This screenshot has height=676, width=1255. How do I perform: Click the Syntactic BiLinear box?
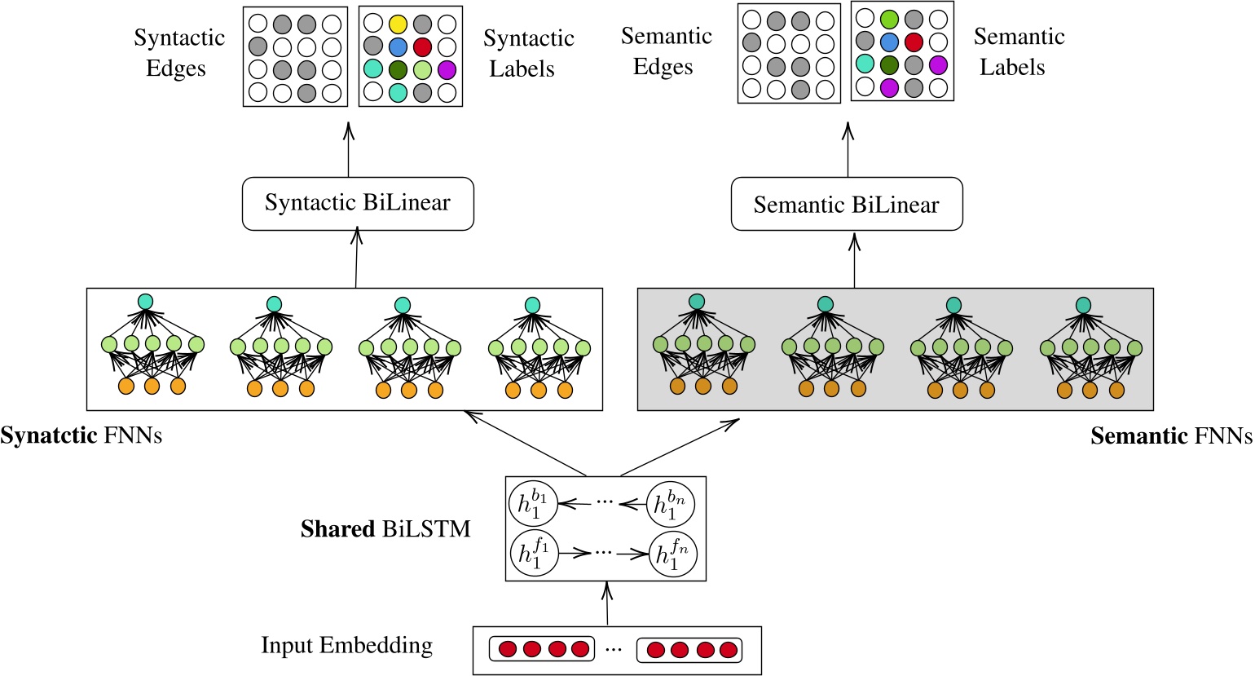[358, 204]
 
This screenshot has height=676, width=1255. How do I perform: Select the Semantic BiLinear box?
[847, 205]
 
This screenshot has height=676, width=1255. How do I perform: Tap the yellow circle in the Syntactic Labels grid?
[398, 24]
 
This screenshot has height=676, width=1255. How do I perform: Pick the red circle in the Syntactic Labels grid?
[422, 46]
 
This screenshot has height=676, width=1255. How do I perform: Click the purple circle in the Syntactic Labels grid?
[446, 70]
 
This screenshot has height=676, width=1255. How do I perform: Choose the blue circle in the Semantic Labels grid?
[889, 42]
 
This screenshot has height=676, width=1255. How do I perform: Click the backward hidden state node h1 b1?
[533, 504]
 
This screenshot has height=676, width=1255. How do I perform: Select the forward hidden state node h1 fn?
[672, 554]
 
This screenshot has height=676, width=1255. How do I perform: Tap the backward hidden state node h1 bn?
[672, 504]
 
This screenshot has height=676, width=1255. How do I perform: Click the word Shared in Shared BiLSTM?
[337, 529]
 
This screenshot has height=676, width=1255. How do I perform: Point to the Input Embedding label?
[346, 645]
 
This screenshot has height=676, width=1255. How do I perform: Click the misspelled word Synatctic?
[49, 435]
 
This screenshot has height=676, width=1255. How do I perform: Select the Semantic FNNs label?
[1171, 436]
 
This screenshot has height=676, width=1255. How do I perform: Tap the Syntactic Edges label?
[178, 53]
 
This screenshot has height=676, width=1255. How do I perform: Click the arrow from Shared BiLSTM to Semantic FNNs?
[680, 448]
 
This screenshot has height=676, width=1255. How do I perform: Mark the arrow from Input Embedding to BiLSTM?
[606, 603]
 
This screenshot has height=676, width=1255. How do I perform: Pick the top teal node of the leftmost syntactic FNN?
[146, 302]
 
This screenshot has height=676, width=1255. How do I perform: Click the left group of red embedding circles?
[544, 650]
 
